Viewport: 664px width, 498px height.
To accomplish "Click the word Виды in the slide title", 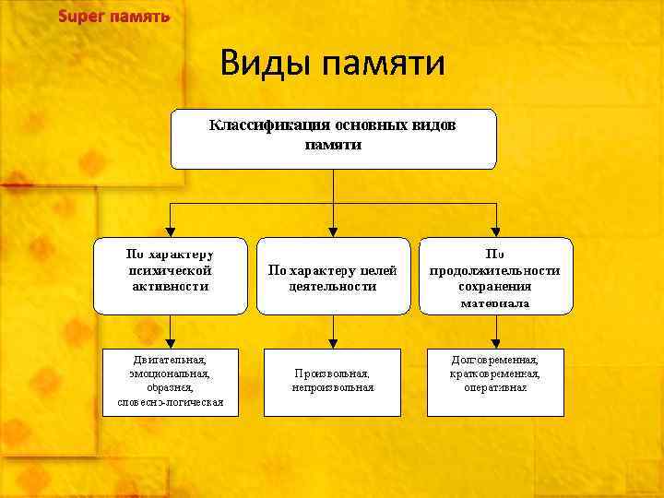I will pos(267,64).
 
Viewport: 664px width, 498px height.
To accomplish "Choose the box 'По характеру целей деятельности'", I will pos(332,277).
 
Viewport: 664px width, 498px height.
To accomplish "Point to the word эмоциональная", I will pos(170,374).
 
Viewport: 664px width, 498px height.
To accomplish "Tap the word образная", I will pos(170,388).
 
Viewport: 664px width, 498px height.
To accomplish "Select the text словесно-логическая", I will pos(170,402).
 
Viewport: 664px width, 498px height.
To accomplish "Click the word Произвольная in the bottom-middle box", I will pos(332,373).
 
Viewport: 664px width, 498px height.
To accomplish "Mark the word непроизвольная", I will pos(332,388).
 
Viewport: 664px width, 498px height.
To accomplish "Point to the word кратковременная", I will pos(495,374).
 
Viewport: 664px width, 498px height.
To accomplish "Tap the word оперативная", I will pos(495,388).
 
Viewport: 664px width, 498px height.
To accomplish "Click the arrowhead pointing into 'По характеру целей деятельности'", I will pos(332,232).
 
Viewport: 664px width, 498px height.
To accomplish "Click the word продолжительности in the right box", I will pos(495,271).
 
